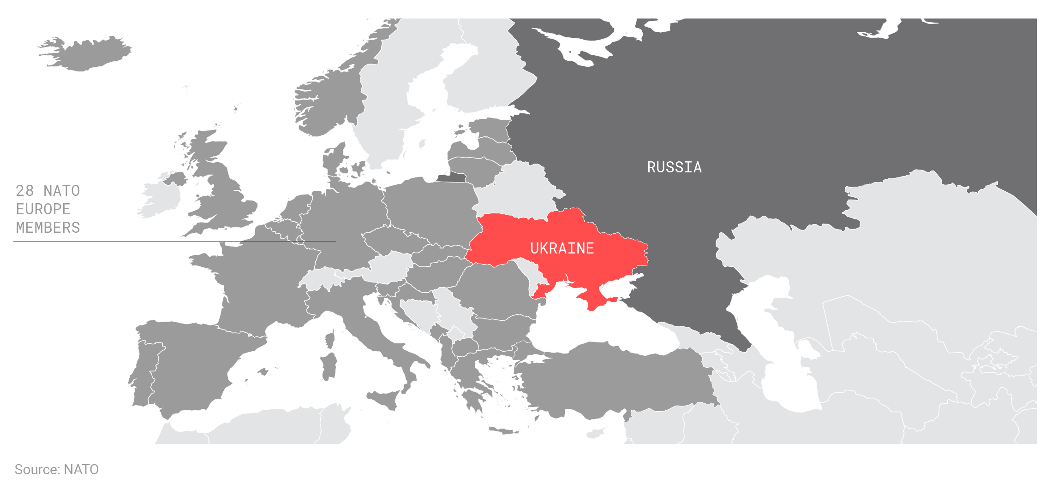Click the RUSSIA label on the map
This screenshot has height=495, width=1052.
(x=674, y=167)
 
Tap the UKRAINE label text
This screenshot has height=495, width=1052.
(x=562, y=248)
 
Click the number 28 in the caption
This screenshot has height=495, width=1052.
(x=24, y=190)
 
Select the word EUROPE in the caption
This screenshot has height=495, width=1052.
(x=43, y=209)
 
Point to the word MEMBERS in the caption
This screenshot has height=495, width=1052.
(x=48, y=227)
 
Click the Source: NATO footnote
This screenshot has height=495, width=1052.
(x=56, y=469)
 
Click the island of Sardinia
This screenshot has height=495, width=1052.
(x=329, y=366)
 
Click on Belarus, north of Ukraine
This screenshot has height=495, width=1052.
(x=519, y=189)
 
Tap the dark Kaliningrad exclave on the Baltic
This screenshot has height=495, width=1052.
(x=452, y=177)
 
